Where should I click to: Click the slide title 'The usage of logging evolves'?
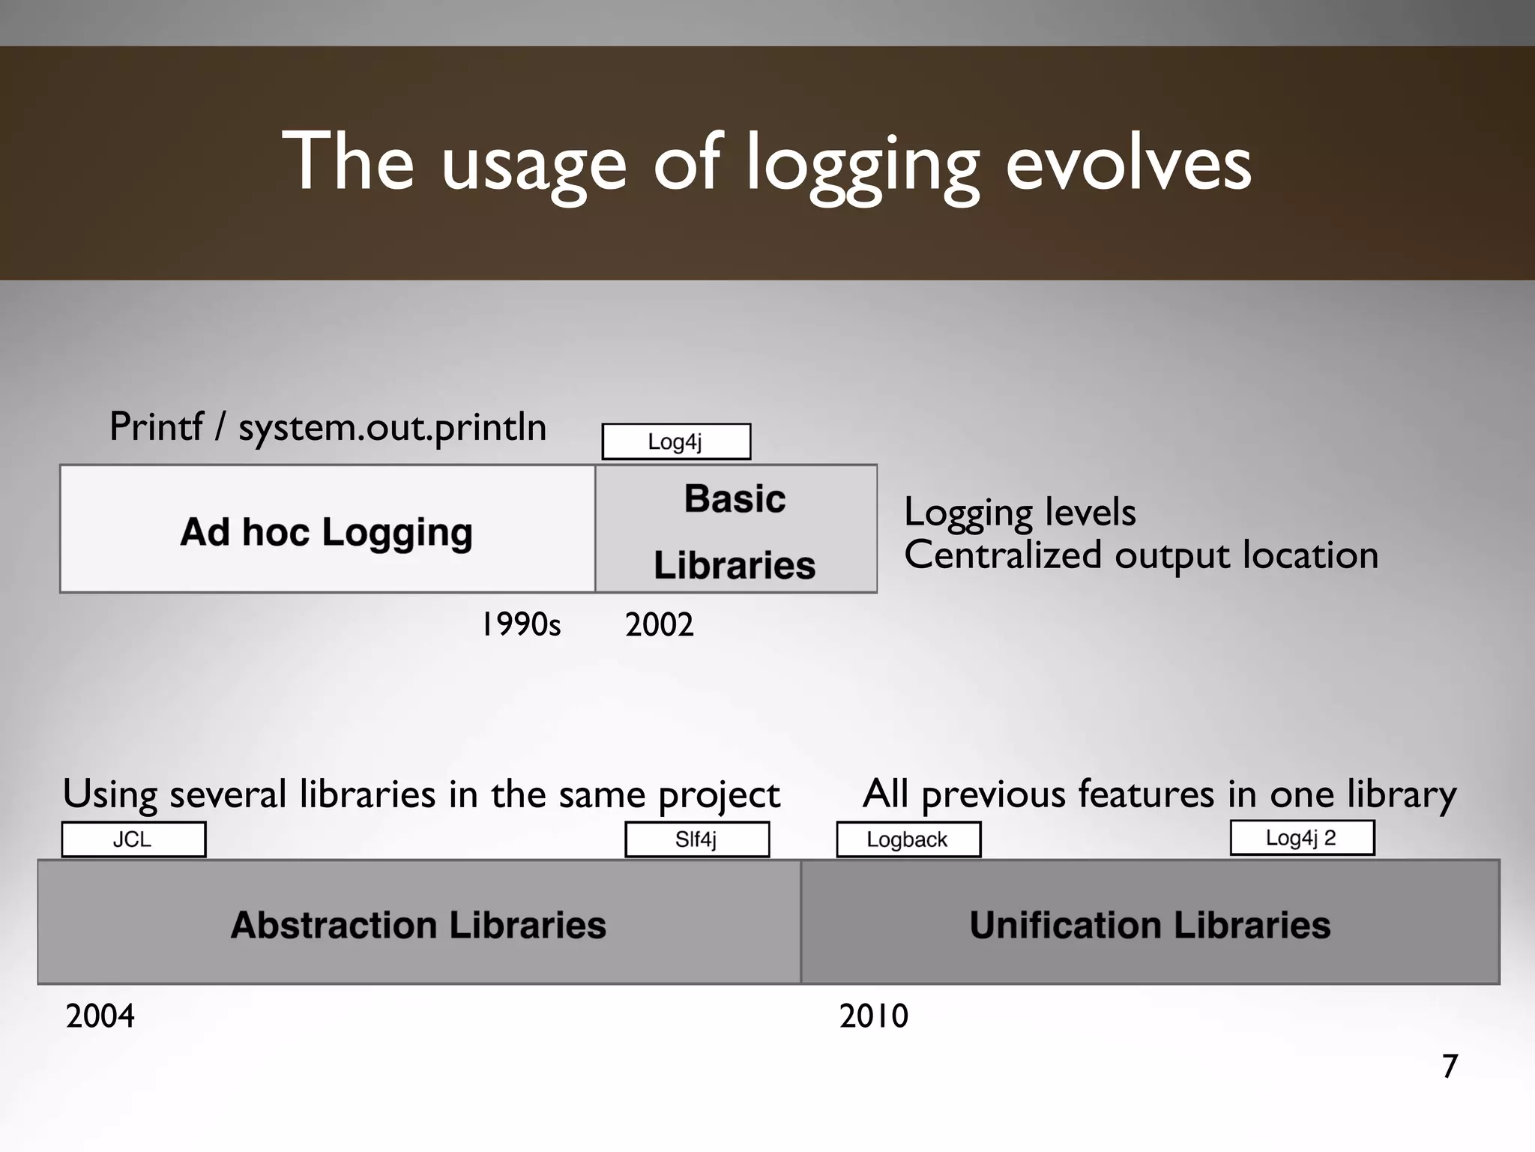tap(766, 163)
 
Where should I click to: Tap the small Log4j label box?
tap(676, 441)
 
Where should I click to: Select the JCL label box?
tap(133, 839)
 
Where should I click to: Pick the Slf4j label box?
tap(697, 839)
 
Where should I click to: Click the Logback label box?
tap(908, 839)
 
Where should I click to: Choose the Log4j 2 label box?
tap(1302, 838)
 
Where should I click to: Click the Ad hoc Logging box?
tap(328, 529)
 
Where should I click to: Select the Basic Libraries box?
tap(735, 529)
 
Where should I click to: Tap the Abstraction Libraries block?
tap(419, 923)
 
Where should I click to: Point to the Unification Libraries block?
tap(1150, 923)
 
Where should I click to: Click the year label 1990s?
tap(521, 624)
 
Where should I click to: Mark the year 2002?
tap(660, 624)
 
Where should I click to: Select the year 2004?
tap(100, 1016)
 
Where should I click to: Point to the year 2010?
tap(874, 1016)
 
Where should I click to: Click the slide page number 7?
tap(1450, 1066)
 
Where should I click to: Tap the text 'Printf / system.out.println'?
tap(328, 427)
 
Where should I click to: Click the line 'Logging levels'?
tap(1019, 512)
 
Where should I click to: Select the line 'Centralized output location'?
tap(1141, 555)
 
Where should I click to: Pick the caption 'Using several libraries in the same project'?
tap(421, 794)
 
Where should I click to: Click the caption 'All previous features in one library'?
tap(1159, 794)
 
